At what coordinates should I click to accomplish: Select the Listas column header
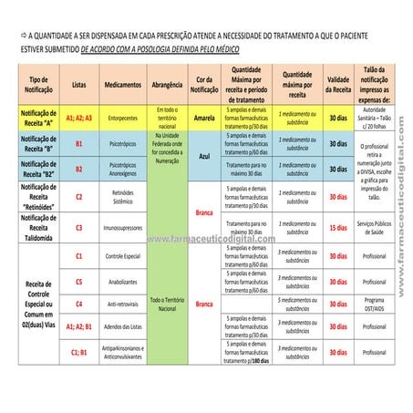tap(79, 84)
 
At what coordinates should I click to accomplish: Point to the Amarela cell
tap(203, 118)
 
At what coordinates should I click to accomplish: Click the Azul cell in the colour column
tap(203, 156)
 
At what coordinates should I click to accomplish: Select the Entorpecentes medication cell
tap(122, 118)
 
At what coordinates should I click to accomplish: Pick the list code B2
tap(79, 169)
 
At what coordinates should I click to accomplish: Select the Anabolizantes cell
tap(122, 282)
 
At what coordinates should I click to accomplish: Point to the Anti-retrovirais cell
tap(122, 304)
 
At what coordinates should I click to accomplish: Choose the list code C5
tap(79, 282)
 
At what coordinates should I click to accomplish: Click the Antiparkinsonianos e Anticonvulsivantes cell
tap(122, 352)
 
